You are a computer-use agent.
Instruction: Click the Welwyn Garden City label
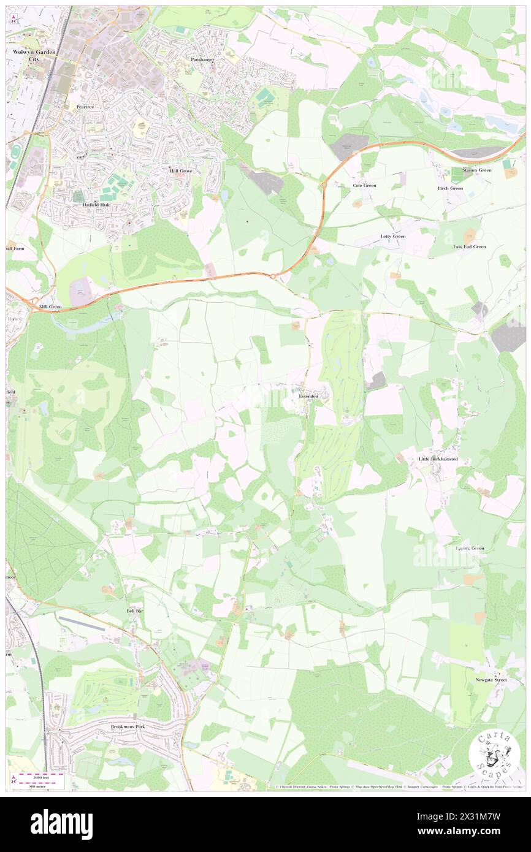coord(34,56)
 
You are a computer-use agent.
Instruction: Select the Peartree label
coord(84,106)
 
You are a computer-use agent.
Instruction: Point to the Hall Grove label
coord(181,171)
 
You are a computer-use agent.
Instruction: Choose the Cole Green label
coord(364,185)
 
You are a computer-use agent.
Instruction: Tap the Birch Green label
coord(449,188)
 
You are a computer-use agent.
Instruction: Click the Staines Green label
coord(476,170)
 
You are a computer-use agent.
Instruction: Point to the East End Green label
coord(469,246)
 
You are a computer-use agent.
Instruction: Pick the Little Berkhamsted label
coord(438,459)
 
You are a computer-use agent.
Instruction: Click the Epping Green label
coord(470,548)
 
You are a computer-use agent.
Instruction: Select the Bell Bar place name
coord(135,611)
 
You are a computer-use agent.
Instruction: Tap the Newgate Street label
coord(491,680)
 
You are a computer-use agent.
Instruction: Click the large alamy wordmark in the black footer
coord(61,824)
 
